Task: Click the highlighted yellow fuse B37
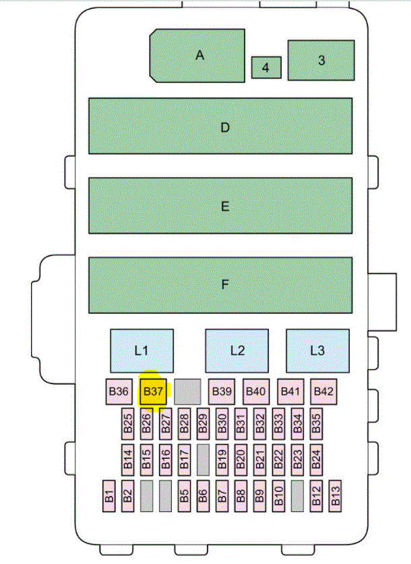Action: click(153, 391)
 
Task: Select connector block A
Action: click(198, 55)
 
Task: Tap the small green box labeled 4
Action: click(265, 67)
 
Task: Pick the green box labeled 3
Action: click(321, 60)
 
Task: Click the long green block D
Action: click(220, 126)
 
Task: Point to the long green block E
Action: click(220, 206)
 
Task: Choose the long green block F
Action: click(220, 285)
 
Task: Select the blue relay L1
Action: click(141, 350)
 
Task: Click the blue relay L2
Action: click(236, 350)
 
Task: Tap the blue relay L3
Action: click(317, 350)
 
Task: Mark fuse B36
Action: click(119, 391)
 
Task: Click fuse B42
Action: click(323, 391)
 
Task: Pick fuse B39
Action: click(220, 391)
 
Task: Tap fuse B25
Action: click(128, 423)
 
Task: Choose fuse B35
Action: click(316, 423)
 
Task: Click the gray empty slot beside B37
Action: click(187, 391)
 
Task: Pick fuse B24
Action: click(316, 460)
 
